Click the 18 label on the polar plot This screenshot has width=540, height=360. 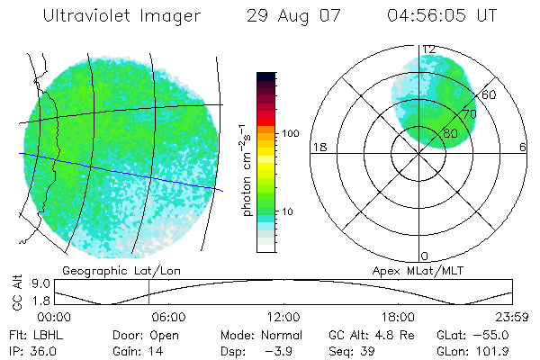tap(318, 147)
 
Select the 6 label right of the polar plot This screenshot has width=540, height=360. tap(523, 147)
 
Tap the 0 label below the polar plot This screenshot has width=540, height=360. tap(424, 256)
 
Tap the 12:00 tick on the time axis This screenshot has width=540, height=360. tap(283, 318)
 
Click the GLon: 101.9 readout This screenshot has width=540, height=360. tap(485, 350)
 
